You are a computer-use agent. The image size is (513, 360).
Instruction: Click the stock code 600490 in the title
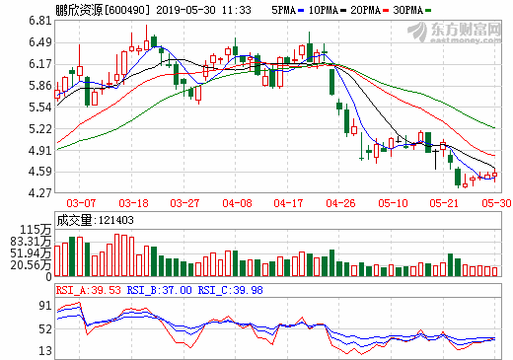(x=126, y=10)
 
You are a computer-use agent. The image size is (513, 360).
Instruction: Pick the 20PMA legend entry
(x=369, y=10)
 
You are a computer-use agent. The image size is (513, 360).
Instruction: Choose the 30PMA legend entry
(x=411, y=10)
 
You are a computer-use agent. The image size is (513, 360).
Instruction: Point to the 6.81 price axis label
(x=40, y=21)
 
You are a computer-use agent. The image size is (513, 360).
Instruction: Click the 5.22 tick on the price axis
(x=40, y=129)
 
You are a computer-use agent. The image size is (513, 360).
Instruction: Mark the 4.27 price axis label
(x=40, y=192)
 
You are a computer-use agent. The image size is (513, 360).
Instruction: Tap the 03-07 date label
(x=81, y=203)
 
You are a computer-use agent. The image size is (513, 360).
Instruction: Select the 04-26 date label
(x=340, y=203)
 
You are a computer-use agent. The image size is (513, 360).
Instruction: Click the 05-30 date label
(x=496, y=203)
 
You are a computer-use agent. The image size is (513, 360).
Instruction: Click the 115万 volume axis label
(x=36, y=229)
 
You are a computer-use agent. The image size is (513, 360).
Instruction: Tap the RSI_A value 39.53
(x=106, y=290)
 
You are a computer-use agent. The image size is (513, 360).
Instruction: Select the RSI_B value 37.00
(x=178, y=290)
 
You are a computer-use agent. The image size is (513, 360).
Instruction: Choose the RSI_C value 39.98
(x=248, y=290)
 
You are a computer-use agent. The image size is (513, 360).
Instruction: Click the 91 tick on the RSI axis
(x=45, y=306)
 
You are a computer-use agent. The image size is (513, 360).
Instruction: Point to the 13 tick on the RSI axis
(x=45, y=351)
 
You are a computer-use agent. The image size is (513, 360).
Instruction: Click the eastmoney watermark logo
(x=455, y=33)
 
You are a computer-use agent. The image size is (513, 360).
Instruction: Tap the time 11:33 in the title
(x=236, y=10)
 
